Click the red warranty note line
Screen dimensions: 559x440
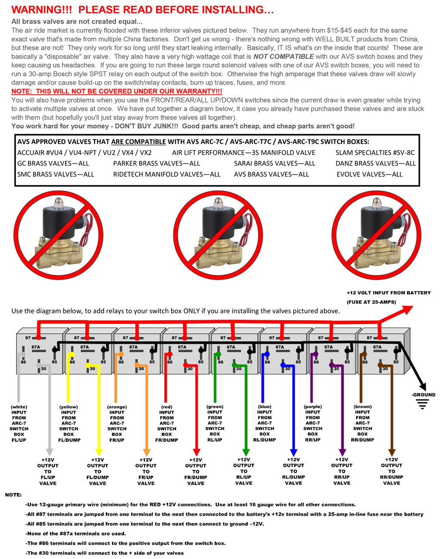[117, 91]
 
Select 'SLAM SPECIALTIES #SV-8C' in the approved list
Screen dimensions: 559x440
[375, 152]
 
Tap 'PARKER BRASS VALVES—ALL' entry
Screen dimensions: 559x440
[156, 163]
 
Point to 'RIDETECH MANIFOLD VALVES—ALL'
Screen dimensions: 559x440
[167, 174]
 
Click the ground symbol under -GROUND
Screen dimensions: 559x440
[422, 405]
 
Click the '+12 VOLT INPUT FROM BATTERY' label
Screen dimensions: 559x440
[388, 293]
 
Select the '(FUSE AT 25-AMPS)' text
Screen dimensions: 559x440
[371, 302]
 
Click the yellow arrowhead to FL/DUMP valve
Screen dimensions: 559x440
[99, 451]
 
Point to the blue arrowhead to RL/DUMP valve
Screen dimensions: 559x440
[294, 451]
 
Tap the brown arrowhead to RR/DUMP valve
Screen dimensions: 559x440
[392, 451]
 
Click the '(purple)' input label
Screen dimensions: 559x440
[313, 407]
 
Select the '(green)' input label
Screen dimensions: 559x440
[215, 407]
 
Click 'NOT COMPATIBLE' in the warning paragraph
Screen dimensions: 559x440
[283, 56]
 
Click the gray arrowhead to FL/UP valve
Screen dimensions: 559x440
[49, 451]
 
